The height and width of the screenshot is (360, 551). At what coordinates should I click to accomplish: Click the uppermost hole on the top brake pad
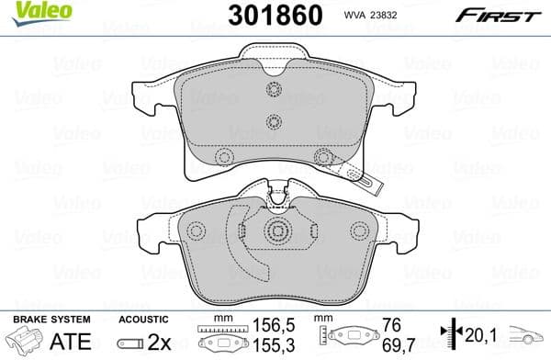pyautogui.click(x=272, y=88)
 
